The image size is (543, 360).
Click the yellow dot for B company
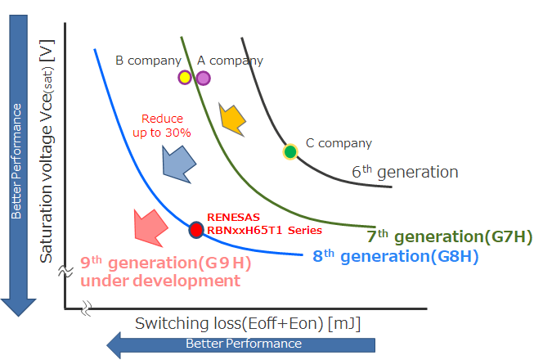coord(185,78)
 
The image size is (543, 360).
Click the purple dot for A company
coord(203,78)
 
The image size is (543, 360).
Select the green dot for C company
coord(289,151)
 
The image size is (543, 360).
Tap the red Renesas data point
coord(196,230)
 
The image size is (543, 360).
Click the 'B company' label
coord(147,60)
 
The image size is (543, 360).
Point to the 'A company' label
coord(231,60)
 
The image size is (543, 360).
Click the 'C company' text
coord(339,143)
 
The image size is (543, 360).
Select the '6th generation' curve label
coord(405,172)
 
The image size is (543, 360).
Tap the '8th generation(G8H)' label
coord(396,256)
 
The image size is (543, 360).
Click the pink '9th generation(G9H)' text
coord(165,264)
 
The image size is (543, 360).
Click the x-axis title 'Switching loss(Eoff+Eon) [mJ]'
coord(248,323)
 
